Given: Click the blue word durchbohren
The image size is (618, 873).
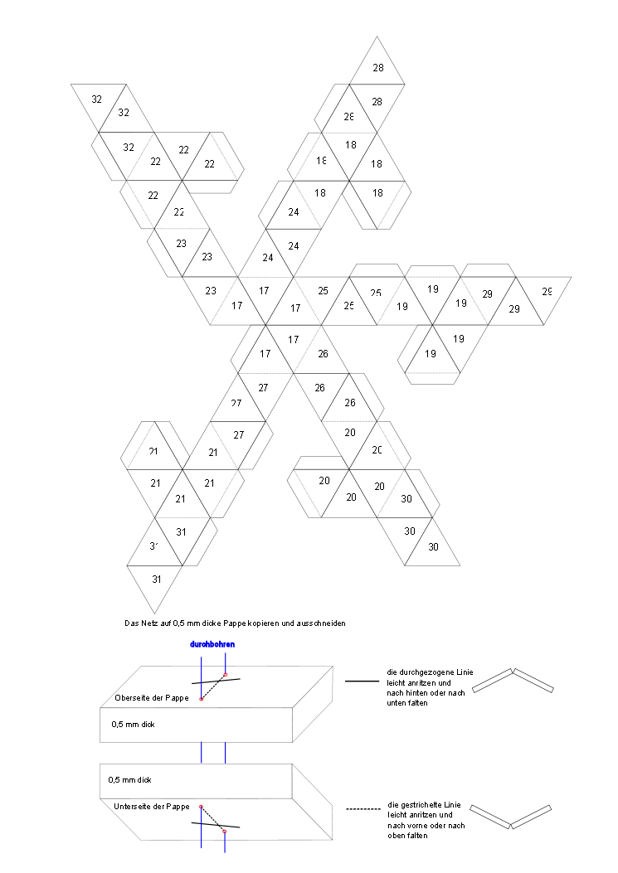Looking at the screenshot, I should pyautogui.click(x=212, y=644).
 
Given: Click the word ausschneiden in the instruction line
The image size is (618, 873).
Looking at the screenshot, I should pyautogui.click(x=324, y=623).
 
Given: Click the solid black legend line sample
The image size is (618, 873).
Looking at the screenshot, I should pyautogui.click(x=361, y=681).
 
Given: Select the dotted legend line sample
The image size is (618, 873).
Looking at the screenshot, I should pyautogui.click(x=362, y=807).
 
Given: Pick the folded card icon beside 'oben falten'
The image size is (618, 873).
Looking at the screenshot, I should pyautogui.click(x=511, y=817).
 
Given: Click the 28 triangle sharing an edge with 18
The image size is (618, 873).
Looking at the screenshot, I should pyautogui.click(x=349, y=118).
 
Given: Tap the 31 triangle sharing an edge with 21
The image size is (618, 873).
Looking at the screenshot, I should pyautogui.click(x=182, y=531).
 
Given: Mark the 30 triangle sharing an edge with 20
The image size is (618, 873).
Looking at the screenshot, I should pyautogui.click(x=406, y=499).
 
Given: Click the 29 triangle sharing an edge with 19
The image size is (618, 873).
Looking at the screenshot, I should pyautogui.click(x=487, y=293).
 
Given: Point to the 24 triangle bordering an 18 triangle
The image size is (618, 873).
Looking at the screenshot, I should pyautogui.click(x=294, y=212).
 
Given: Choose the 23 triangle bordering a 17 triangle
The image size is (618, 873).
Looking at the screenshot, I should pyautogui.click(x=211, y=290).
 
